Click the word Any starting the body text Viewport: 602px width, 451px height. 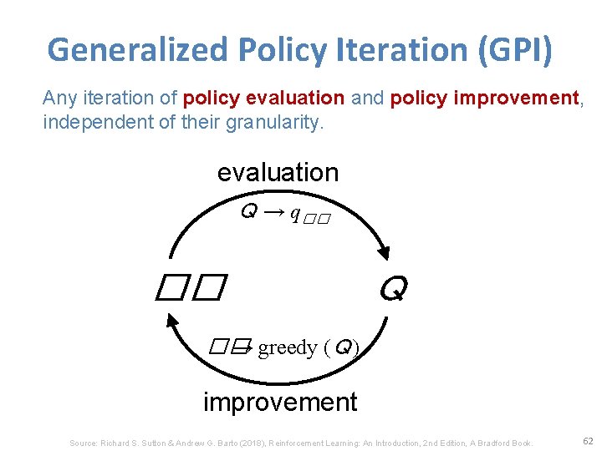click(59, 99)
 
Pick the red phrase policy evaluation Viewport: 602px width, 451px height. click(263, 99)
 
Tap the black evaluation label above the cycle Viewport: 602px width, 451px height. click(278, 173)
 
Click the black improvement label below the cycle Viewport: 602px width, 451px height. click(280, 402)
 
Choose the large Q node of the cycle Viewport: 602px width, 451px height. click(392, 290)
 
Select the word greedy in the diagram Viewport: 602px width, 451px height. click(287, 347)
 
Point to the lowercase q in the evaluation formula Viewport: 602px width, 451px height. click(294, 214)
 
